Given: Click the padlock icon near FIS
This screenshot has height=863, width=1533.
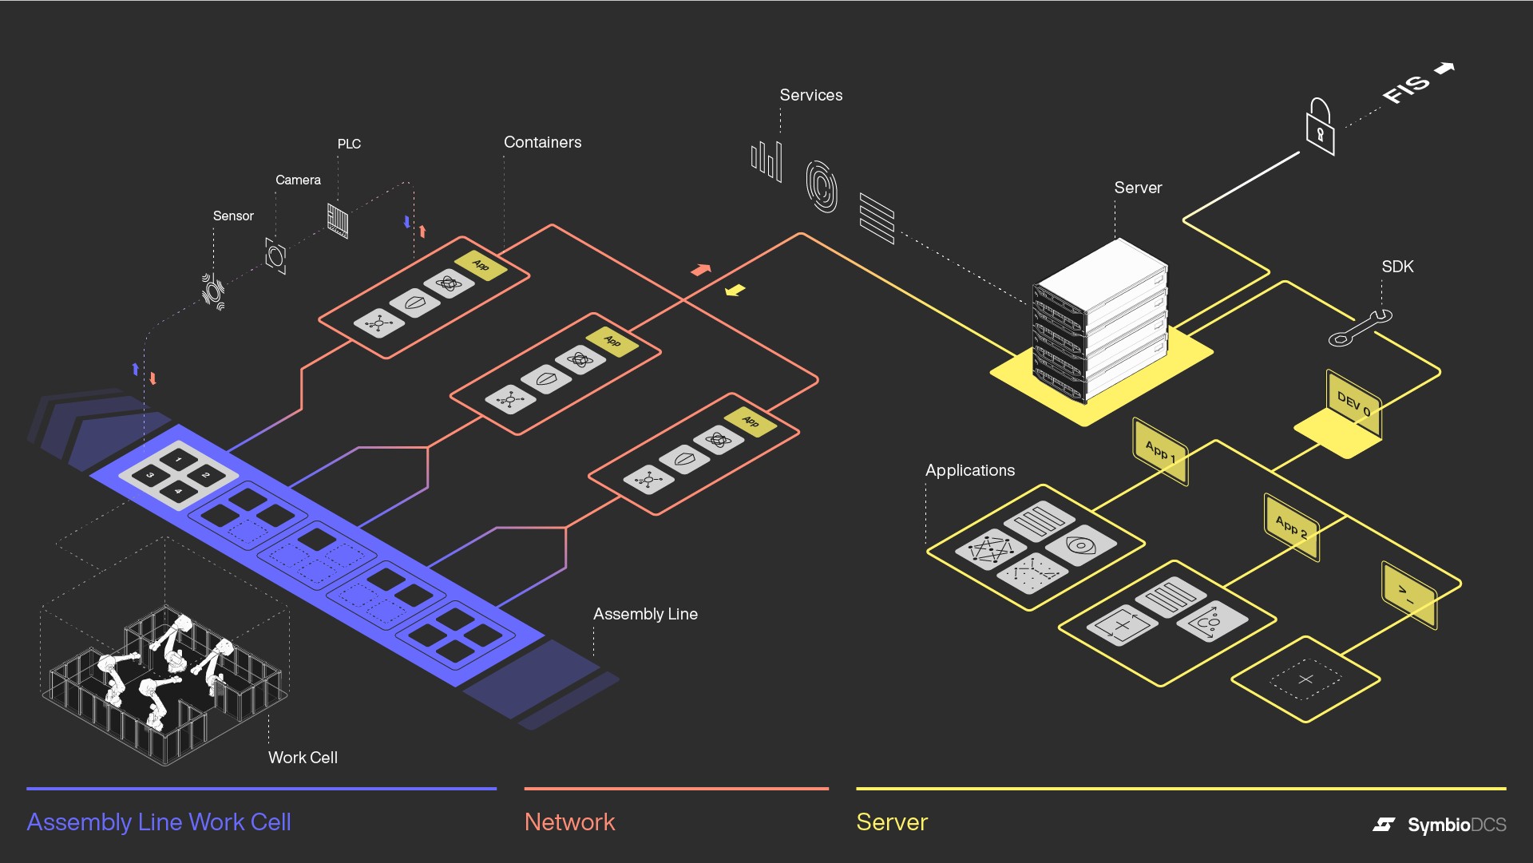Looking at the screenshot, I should [x=1320, y=128].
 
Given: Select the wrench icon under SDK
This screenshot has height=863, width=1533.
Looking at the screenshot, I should [x=1360, y=328].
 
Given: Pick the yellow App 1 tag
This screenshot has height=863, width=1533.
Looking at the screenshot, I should [x=1160, y=451].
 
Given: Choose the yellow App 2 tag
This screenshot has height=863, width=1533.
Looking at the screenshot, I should [x=1291, y=527].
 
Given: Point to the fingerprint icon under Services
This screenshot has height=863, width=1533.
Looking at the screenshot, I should [x=822, y=186].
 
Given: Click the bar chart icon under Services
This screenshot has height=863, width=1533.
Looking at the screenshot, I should [x=766, y=160].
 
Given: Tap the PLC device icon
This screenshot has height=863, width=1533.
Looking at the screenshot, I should [x=338, y=220].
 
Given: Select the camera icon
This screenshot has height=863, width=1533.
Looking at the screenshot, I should [x=275, y=255].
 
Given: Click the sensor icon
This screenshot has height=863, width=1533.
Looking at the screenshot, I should [x=213, y=291].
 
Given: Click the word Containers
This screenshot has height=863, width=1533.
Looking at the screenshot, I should [x=542, y=142].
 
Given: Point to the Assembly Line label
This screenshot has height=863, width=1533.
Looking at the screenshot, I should [x=645, y=614].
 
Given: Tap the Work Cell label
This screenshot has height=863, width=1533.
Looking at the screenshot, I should [x=303, y=758].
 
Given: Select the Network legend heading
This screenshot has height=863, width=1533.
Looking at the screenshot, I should [x=569, y=822].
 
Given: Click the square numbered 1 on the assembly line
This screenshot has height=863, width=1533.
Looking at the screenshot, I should [x=179, y=459].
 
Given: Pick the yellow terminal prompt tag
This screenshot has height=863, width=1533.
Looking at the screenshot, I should [x=1408, y=595].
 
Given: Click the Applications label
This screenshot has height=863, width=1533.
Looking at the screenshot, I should [x=969, y=470].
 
